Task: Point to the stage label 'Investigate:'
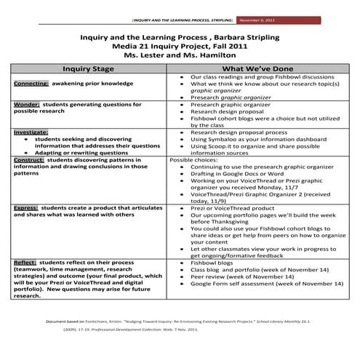point(31,132)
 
